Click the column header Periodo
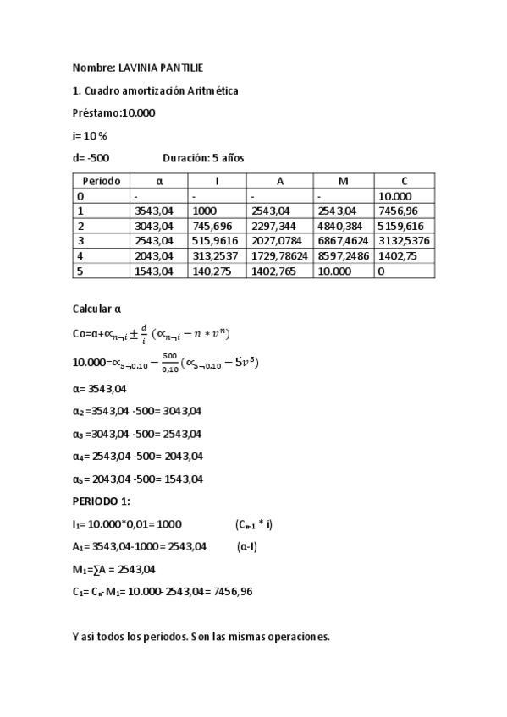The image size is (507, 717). (101, 181)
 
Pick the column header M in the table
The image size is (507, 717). (343, 181)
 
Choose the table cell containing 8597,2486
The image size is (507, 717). (343, 256)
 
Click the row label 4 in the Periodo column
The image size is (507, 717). (80, 256)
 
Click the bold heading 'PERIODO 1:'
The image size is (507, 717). (101, 501)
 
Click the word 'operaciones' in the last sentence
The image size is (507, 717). (297, 637)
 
